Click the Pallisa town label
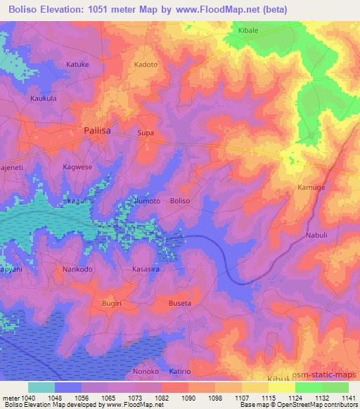(x=98, y=130)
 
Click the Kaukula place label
(x=44, y=98)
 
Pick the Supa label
(x=146, y=132)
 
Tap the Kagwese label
(x=77, y=167)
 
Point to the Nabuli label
(x=317, y=235)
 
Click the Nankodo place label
(x=77, y=268)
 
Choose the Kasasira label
(x=148, y=268)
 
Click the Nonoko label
(x=146, y=371)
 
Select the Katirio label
(x=181, y=371)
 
